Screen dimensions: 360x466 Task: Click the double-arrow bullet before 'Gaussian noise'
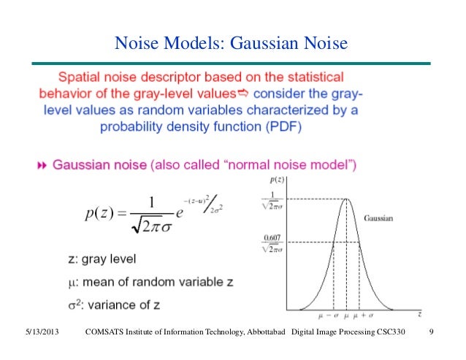point(41,166)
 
